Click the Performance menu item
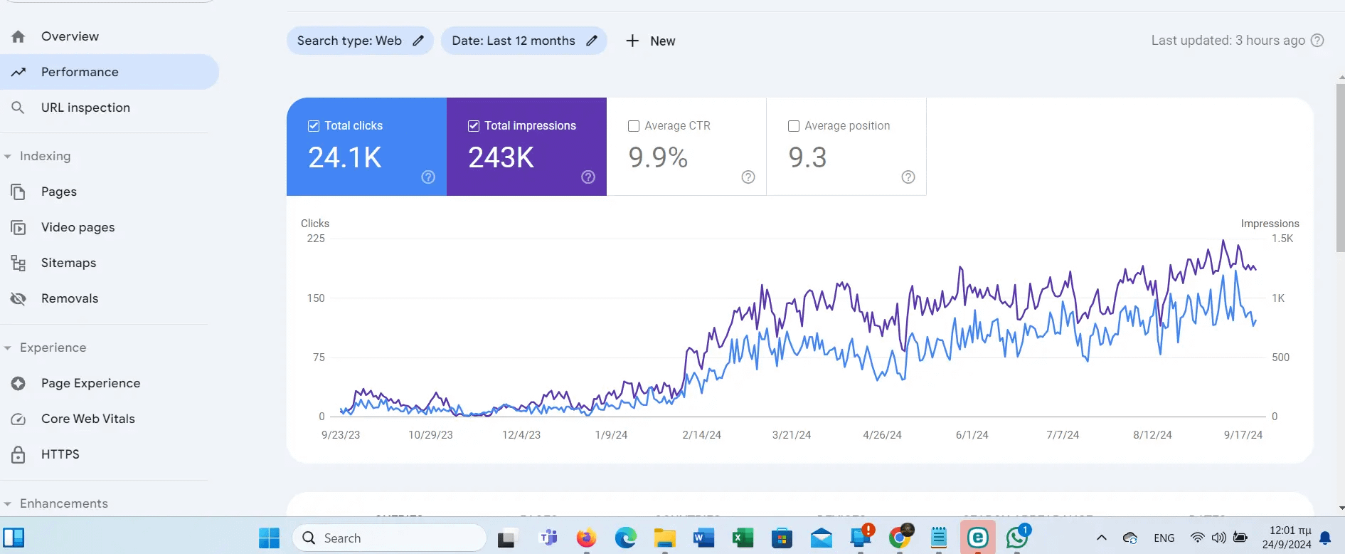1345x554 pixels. [x=80, y=72]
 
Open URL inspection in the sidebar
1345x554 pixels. [x=85, y=108]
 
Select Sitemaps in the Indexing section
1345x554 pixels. [x=68, y=263]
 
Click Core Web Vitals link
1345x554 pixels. [x=87, y=419]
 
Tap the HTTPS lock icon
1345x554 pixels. [x=18, y=454]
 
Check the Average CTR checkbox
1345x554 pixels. [x=634, y=126]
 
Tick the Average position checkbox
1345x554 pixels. [x=794, y=126]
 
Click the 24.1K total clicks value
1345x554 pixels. [x=345, y=157]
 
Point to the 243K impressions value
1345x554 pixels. [x=501, y=157]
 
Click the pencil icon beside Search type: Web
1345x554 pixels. [x=418, y=41]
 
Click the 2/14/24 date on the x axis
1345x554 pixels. [x=701, y=435]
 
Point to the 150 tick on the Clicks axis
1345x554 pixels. [x=316, y=298]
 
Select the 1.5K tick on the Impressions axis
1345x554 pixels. [x=1282, y=239]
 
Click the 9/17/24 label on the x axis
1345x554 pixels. [x=1243, y=435]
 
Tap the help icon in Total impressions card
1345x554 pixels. [x=588, y=177]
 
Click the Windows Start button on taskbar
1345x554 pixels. [x=269, y=538]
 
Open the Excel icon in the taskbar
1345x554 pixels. [x=743, y=538]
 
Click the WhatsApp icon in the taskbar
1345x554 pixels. [x=1016, y=538]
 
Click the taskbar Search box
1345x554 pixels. [x=389, y=538]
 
